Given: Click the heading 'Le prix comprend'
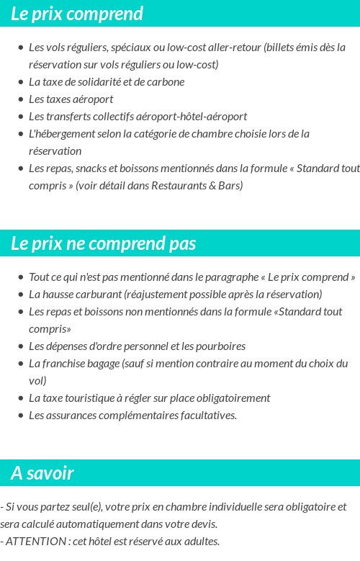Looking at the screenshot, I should coord(77,14).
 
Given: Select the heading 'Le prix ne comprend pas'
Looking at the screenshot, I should coord(104,243).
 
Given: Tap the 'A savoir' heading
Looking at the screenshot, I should coord(42,473).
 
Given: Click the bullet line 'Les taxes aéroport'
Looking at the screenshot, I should coord(71,99).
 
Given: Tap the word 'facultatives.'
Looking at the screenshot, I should coord(205,416).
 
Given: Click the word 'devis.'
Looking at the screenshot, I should coord(202,524).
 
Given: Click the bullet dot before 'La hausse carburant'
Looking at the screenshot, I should coord(20,295).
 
